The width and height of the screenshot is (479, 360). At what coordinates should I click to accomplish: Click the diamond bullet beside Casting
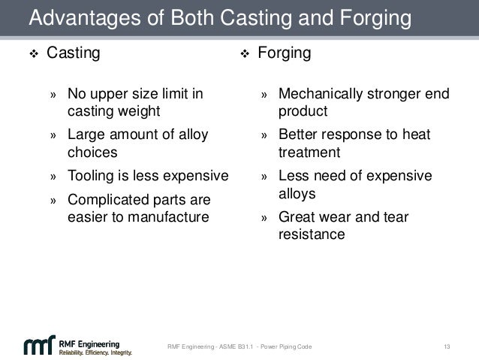(32, 54)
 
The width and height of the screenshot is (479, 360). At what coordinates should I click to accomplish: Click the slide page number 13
(447, 346)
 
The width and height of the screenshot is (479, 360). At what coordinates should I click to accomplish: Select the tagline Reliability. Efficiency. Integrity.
(96, 352)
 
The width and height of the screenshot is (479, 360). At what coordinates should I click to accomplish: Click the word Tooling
(92, 177)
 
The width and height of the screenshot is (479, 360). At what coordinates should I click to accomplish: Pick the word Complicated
(105, 201)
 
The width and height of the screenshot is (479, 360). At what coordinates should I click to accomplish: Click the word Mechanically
(321, 95)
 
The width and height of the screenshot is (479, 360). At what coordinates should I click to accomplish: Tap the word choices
(92, 153)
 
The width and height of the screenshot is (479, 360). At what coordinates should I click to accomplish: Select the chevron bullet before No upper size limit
(53, 95)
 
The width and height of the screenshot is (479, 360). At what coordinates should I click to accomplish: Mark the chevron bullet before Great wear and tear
(264, 219)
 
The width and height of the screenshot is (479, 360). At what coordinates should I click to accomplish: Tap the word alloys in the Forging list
(297, 193)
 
